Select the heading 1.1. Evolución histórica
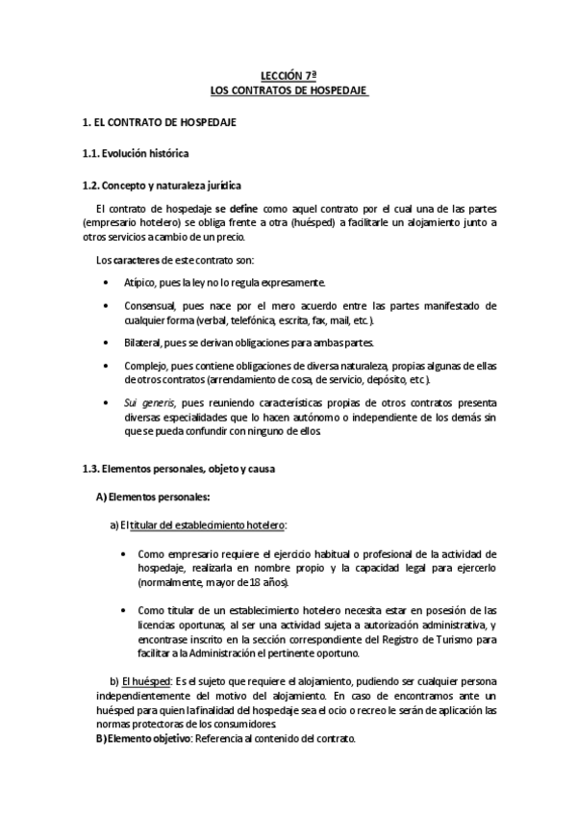pos(135,154)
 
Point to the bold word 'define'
pos(244,208)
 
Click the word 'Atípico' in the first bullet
pos(141,282)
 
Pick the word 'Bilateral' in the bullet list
pos(144,344)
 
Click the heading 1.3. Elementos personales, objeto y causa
pos(178,469)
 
